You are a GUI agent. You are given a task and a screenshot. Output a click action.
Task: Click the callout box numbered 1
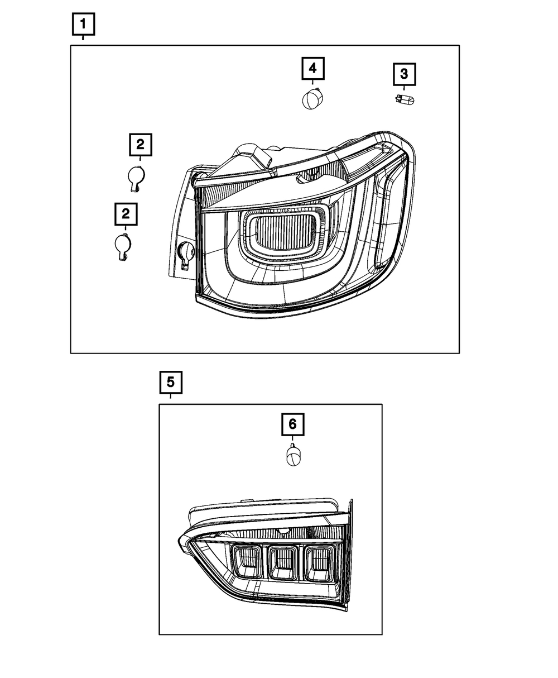pyautogui.click(x=83, y=24)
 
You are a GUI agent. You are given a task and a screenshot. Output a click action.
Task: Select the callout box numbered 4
pyautogui.click(x=312, y=69)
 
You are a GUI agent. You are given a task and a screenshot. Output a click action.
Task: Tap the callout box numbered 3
pyautogui.click(x=404, y=74)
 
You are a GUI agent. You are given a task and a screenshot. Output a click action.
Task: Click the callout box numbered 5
pyautogui.click(x=171, y=383)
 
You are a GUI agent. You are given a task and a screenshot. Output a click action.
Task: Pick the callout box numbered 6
pyautogui.click(x=292, y=424)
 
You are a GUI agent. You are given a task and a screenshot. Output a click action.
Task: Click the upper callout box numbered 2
pyautogui.click(x=141, y=145)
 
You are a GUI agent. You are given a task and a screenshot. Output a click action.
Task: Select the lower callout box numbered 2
pyautogui.click(x=126, y=214)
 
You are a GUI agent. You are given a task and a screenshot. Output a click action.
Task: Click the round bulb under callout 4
pyautogui.click(x=313, y=99)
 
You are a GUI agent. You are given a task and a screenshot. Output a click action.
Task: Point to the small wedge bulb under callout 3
pyautogui.click(x=405, y=99)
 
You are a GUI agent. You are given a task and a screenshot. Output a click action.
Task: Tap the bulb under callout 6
pyautogui.click(x=294, y=455)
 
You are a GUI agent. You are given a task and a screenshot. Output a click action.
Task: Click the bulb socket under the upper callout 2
pyautogui.click(x=136, y=178)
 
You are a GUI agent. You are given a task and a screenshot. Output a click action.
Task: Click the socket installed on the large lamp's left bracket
pyautogui.click(x=186, y=255)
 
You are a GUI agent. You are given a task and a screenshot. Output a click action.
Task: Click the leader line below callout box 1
pyautogui.click(x=83, y=37)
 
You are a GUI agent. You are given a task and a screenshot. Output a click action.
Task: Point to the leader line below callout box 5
pyautogui.click(x=170, y=396)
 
